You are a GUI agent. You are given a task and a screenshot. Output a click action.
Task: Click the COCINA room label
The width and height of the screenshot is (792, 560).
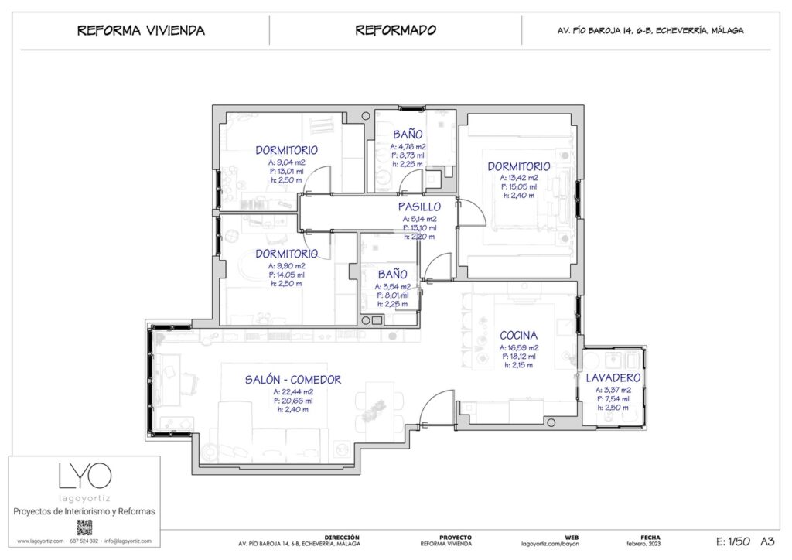[518, 336]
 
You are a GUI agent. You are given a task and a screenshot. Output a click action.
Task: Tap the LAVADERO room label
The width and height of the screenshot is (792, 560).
[613, 377]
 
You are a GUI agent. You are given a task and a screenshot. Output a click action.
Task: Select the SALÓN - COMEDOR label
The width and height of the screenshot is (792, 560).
[293, 380]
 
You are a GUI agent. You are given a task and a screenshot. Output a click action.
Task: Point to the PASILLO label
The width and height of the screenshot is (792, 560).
[419, 207]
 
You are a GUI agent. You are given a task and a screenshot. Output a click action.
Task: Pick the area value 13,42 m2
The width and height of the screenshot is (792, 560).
[518, 177]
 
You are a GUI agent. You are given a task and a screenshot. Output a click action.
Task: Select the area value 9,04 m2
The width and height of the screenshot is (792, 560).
[286, 162]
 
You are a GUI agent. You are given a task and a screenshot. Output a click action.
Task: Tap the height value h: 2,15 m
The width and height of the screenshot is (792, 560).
[517, 365]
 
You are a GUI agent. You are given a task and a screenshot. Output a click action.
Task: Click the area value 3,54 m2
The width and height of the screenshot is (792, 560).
[393, 286]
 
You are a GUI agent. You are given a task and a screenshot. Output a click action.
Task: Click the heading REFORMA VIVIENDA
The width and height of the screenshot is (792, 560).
[141, 31]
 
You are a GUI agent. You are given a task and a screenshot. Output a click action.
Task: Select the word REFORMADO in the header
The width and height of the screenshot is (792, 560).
[395, 31]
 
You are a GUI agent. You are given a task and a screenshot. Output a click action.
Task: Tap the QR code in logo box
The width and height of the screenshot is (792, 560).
[84, 528]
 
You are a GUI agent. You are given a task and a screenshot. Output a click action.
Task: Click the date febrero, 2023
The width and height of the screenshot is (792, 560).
[650, 544]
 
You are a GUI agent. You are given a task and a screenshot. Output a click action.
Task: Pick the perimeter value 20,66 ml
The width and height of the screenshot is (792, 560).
[292, 401]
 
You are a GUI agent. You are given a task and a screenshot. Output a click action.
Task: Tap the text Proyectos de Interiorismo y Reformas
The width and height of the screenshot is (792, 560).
[84, 511]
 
